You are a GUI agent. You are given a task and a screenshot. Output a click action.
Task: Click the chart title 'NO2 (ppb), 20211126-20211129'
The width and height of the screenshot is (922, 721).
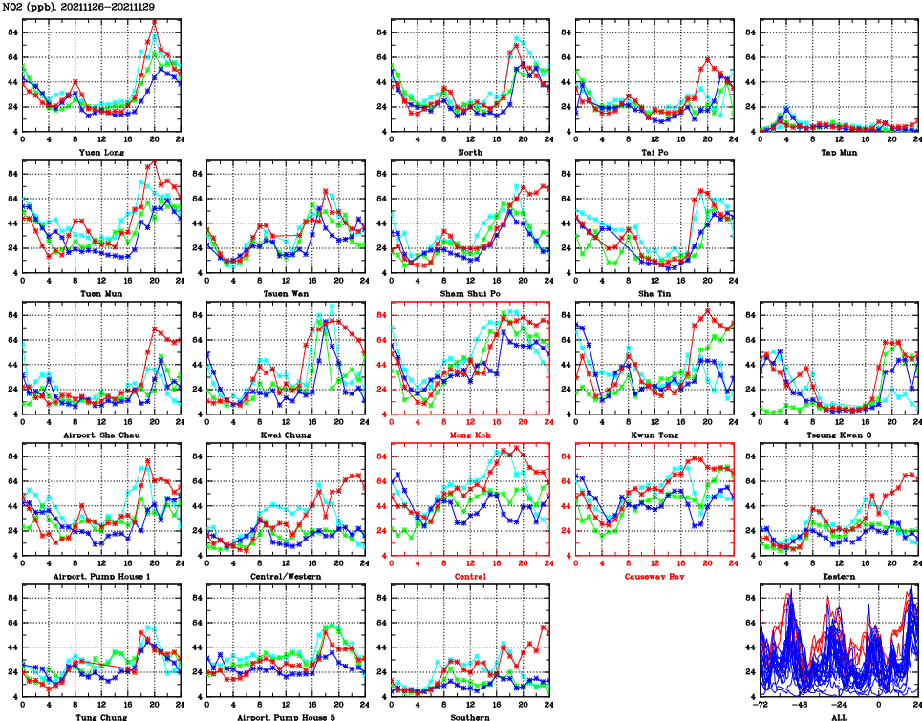(78, 7)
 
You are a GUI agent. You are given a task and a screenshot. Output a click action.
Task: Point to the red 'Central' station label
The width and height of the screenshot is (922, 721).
(470, 576)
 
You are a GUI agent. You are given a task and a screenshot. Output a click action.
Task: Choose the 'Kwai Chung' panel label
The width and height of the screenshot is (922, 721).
(286, 435)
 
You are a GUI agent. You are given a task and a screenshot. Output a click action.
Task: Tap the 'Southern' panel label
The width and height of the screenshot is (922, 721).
(470, 716)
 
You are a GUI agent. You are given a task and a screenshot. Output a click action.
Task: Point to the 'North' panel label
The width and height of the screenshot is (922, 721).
(470, 152)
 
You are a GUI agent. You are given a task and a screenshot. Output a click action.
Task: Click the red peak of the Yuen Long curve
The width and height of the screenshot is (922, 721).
(155, 21)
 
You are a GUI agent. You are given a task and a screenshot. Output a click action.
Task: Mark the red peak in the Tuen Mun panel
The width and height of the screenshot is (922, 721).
(155, 162)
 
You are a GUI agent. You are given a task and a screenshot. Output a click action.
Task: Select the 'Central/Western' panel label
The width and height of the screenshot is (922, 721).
(286, 576)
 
